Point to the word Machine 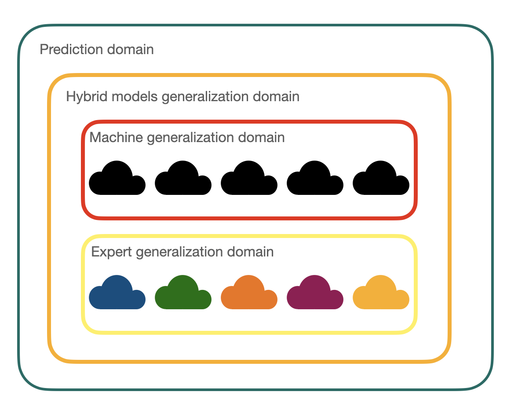click(x=116, y=138)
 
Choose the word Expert click(x=112, y=252)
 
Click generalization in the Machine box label click(x=190, y=138)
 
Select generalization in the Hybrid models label click(x=205, y=96)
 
